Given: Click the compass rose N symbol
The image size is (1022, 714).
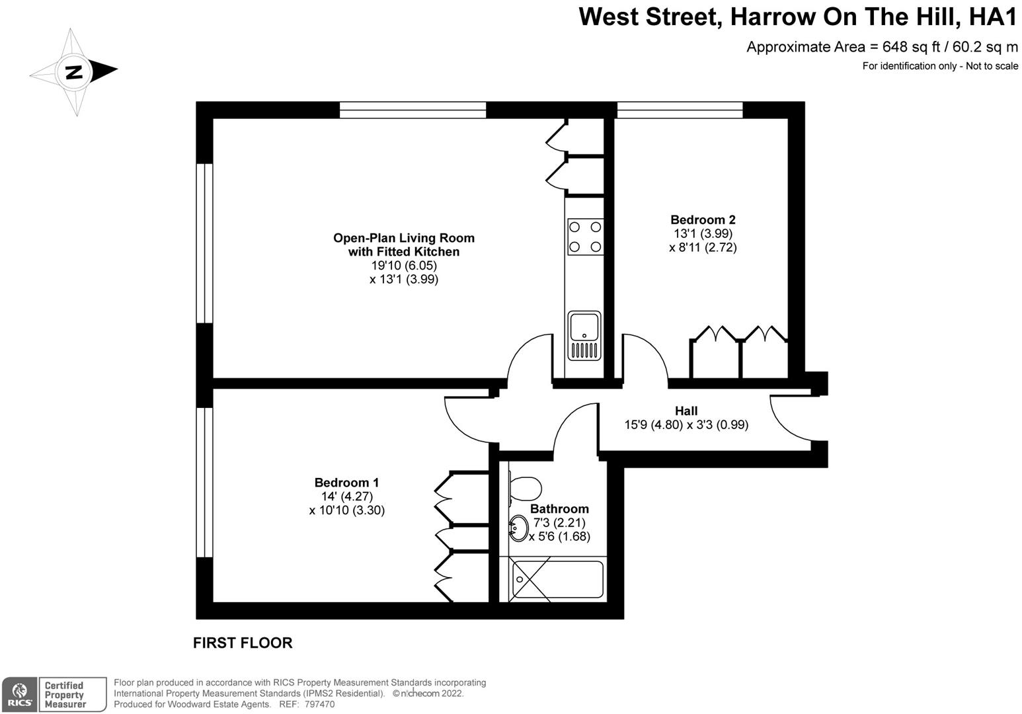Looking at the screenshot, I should tap(73, 71).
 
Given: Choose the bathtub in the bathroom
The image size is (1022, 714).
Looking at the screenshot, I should tap(558, 580).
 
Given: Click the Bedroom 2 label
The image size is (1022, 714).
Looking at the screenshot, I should tap(703, 219).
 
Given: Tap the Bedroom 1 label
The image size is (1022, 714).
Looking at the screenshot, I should tap(346, 483).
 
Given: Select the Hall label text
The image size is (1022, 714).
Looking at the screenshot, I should tap(686, 411).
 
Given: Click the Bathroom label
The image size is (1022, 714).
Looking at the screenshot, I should tap(559, 508).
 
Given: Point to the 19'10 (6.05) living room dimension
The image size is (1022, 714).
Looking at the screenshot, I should tap(404, 265).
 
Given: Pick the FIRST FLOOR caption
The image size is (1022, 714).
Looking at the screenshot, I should tap(243, 643).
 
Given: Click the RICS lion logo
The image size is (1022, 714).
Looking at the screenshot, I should tap(20, 695).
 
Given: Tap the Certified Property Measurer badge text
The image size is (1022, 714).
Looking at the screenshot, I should tap(65, 695).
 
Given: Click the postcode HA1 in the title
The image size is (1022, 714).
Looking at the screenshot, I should tap(993, 17).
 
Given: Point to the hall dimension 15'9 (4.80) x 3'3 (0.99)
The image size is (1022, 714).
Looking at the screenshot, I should tap(686, 425).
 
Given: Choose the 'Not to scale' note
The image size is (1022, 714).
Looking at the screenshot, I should tap(992, 66).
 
